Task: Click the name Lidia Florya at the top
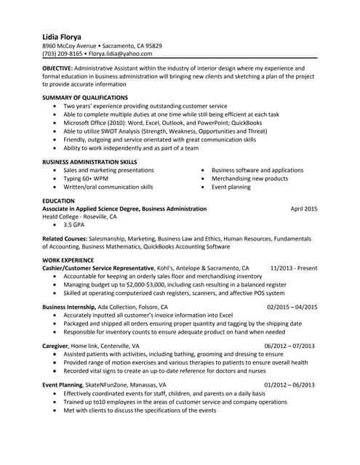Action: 62,36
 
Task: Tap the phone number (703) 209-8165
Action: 62,53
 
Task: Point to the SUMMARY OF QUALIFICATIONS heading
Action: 85,97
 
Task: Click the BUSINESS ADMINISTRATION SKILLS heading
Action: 89,161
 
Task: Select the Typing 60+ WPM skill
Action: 85,178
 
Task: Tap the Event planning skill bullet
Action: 231,187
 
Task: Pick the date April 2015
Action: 303,209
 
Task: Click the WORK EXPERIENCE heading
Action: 68,259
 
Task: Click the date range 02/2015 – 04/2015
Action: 292,307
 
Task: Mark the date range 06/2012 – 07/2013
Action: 289,346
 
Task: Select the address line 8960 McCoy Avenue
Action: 71,45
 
